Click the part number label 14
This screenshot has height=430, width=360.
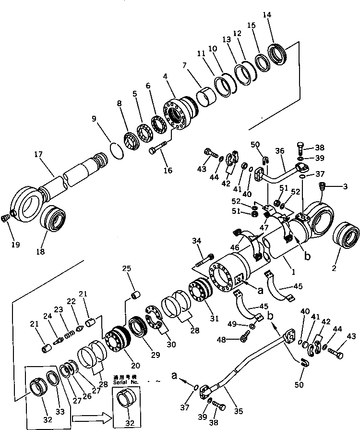click(x=267, y=15)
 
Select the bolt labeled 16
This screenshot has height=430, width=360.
click(x=159, y=149)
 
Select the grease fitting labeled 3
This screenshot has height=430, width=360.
click(x=323, y=186)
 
